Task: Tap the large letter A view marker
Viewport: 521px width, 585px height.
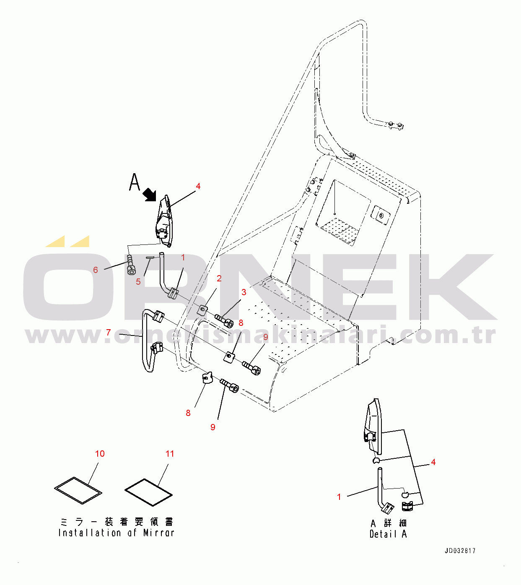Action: pyautogui.click(x=135, y=182)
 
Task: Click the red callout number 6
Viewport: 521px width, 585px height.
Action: pyautogui.click(x=96, y=270)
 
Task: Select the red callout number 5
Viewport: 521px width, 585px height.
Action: pyautogui.click(x=138, y=281)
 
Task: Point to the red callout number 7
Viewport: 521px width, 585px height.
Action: pyautogui.click(x=109, y=333)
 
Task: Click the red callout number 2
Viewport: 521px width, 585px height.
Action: pyautogui.click(x=219, y=278)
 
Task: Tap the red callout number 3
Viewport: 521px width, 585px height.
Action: pyautogui.click(x=244, y=292)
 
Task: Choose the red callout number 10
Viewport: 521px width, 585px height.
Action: pyautogui.click(x=100, y=454)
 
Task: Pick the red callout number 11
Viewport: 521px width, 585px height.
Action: pyautogui.click(x=170, y=454)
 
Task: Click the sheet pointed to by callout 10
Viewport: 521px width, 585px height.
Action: pyautogui.click(x=78, y=490)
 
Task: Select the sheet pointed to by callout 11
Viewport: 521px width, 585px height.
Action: pyautogui.click(x=148, y=492)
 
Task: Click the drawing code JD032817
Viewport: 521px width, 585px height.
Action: pyautogui.click(x=460, y=551)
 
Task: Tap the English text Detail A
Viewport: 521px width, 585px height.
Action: pyautogui.click(x=388, y=534)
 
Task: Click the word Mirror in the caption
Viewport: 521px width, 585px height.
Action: pyautogui.click(x=159, y=533)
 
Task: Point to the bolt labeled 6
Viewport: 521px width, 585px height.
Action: pyautogui.click(x=131, y=265)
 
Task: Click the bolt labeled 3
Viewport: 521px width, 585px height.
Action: pyautogui.click(x=224, y=321)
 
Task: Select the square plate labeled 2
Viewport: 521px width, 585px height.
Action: pyautogui.click(x=202, y=310)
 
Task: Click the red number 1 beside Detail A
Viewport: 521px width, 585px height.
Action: pyautogui.click(x=339, y=497)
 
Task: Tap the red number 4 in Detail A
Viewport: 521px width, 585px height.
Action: pyautogui.click(x=433, y=462)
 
